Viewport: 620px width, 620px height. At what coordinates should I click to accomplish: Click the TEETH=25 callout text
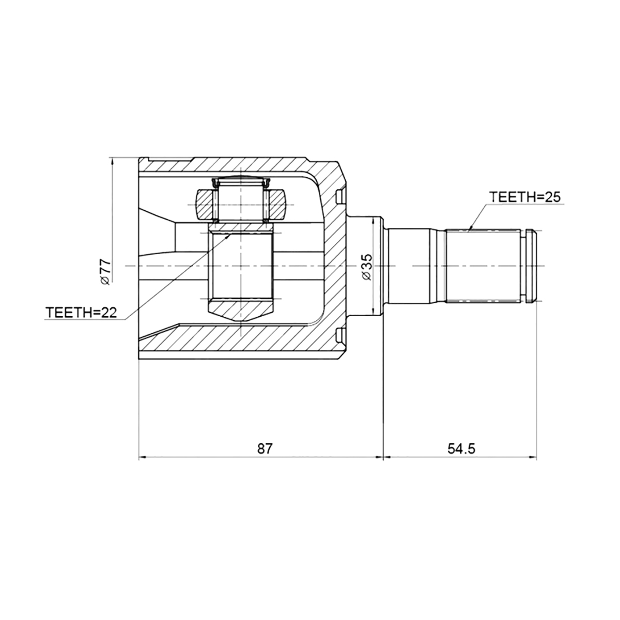(x=524, y=196)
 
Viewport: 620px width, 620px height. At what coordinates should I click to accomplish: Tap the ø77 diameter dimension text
(x=105, y=272)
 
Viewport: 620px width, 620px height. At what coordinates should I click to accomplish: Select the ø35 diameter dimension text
(x=366, y=267)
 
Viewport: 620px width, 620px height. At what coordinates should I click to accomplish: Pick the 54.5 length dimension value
(x=461, y=448)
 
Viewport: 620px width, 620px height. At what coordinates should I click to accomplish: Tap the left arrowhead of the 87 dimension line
(x=143, y=457)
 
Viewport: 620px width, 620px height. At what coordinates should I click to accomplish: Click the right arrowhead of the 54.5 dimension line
(x=532, y=457)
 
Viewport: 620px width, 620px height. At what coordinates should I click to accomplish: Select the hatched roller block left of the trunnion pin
(x=205, y=205)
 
